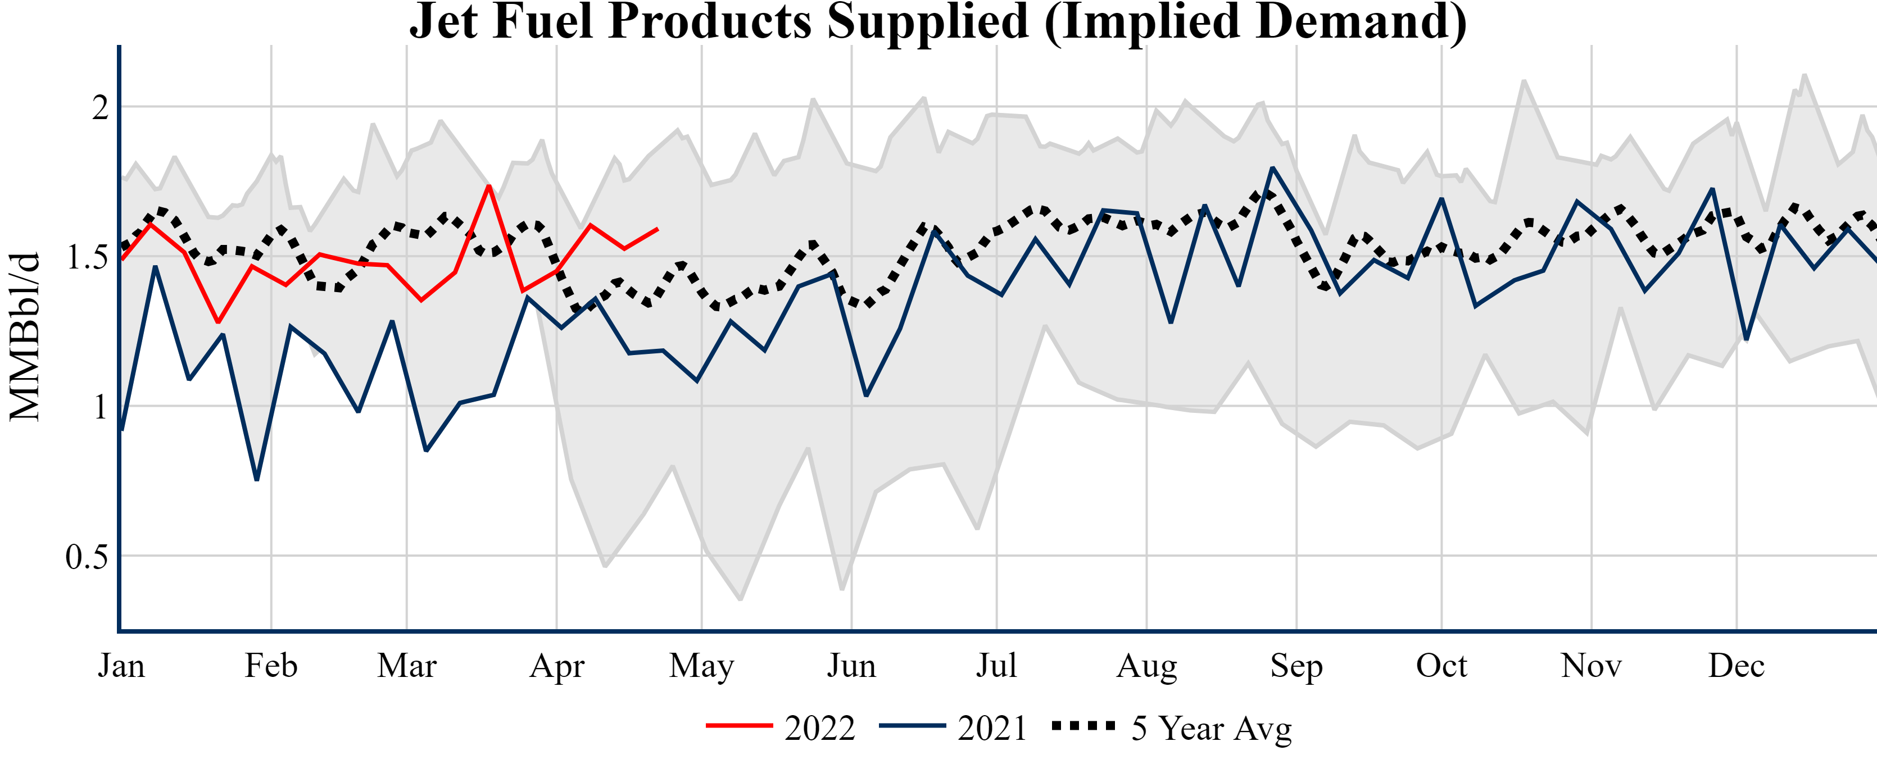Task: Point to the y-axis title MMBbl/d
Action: [25, 336]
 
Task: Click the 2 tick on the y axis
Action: [101, 108]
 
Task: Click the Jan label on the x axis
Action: [121, 666]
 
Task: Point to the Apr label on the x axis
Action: [557, 666]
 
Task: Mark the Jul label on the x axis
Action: [996, 666]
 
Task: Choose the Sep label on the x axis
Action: [1296, 666]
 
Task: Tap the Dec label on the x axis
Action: [1737, 666]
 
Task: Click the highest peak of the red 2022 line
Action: [489, 186]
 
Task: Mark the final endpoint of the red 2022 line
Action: [658, 229]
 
